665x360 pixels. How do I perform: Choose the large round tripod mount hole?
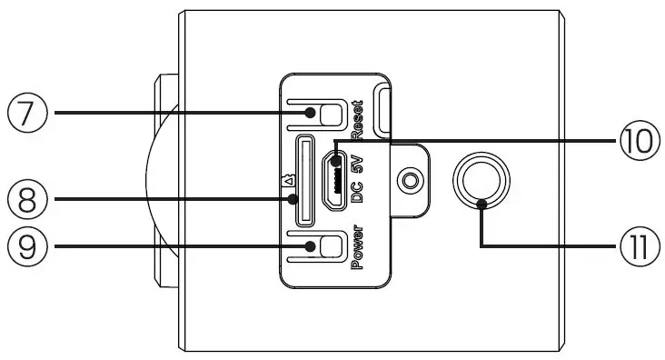click(482, 179)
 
